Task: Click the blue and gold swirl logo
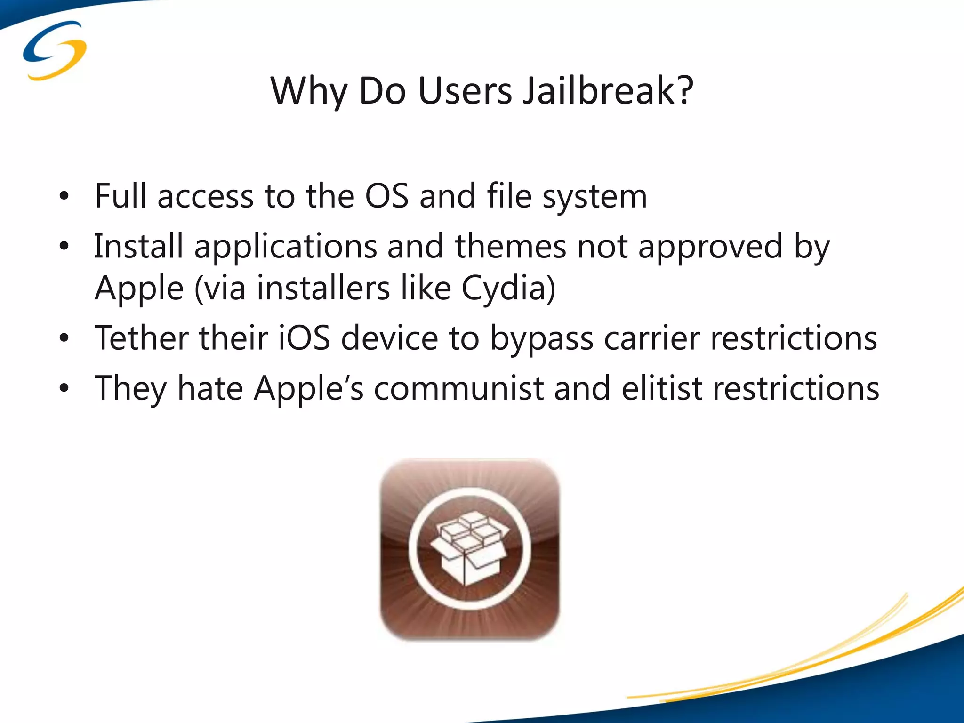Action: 55,50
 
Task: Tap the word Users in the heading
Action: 465,90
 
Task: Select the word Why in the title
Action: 309,91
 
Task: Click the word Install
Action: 138,246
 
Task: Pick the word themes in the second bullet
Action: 510,246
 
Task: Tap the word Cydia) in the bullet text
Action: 508,288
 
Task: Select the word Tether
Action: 141,338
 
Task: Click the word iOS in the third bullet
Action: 304,338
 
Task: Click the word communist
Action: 459,389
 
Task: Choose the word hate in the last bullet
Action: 210,389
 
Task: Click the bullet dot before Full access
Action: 64,196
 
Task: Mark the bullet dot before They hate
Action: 64,389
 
